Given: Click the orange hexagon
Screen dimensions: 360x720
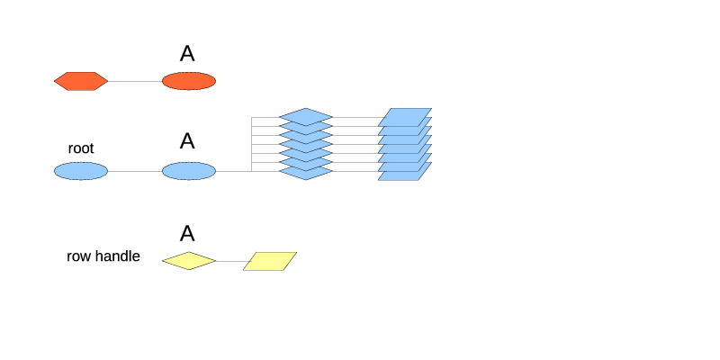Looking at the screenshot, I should coord(81,81).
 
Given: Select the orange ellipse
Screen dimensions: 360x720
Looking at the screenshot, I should coord(189,81).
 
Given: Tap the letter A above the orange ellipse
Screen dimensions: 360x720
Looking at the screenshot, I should coord(187,54).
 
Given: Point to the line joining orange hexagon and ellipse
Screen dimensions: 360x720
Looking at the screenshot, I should coord(135,81).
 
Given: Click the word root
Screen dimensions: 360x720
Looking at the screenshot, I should coord(81,148).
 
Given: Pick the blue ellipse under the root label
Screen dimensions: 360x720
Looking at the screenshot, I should coord(81,171).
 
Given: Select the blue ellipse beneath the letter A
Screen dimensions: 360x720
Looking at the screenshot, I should coord(189,171).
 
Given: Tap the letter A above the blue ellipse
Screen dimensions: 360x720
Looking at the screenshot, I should coord(187,141).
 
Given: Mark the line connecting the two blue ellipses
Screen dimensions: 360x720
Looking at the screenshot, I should coord(135,171).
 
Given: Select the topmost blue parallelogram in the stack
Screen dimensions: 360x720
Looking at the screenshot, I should coord(405,115).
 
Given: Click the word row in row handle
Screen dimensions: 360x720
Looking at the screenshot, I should coord(77,256).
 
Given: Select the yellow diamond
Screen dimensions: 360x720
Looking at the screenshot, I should coord(189,261).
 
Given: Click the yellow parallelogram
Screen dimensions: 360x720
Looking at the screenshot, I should coord(270,261).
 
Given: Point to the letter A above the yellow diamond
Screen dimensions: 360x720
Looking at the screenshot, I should coord(187,234).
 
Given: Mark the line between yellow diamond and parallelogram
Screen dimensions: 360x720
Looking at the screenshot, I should coord(230,261).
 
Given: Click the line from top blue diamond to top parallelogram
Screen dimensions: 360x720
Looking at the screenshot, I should coord(356,117).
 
